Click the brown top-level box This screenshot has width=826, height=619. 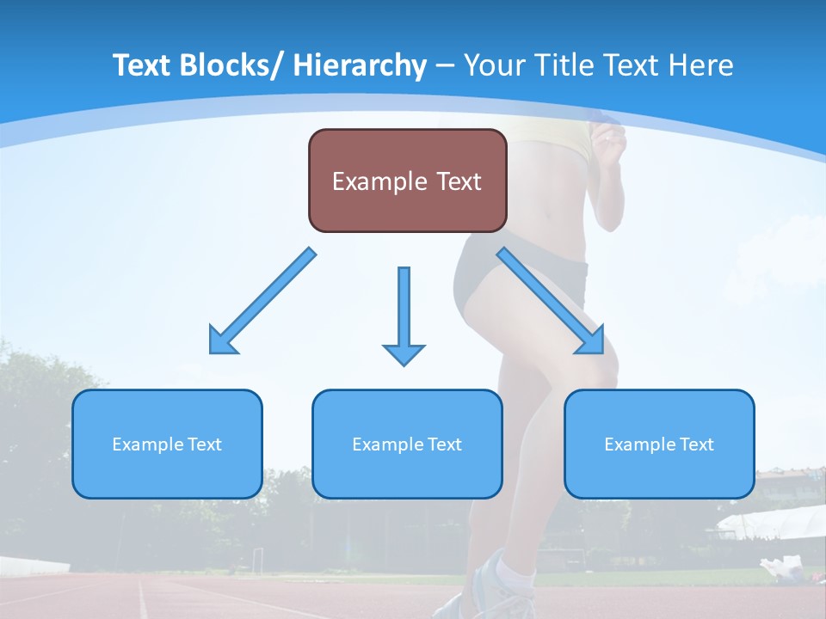tap(407, 181)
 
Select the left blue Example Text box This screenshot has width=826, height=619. tap(167, 444)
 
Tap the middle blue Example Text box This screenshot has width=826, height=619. tap(407, 444)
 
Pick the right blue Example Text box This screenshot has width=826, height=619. tap(659, 444)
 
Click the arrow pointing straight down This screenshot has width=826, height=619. tap(404, 315)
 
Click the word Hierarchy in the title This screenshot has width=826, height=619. tap(360, 65)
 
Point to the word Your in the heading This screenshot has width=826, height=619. tap(495, 65)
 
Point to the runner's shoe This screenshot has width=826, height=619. tap(495, 585)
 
